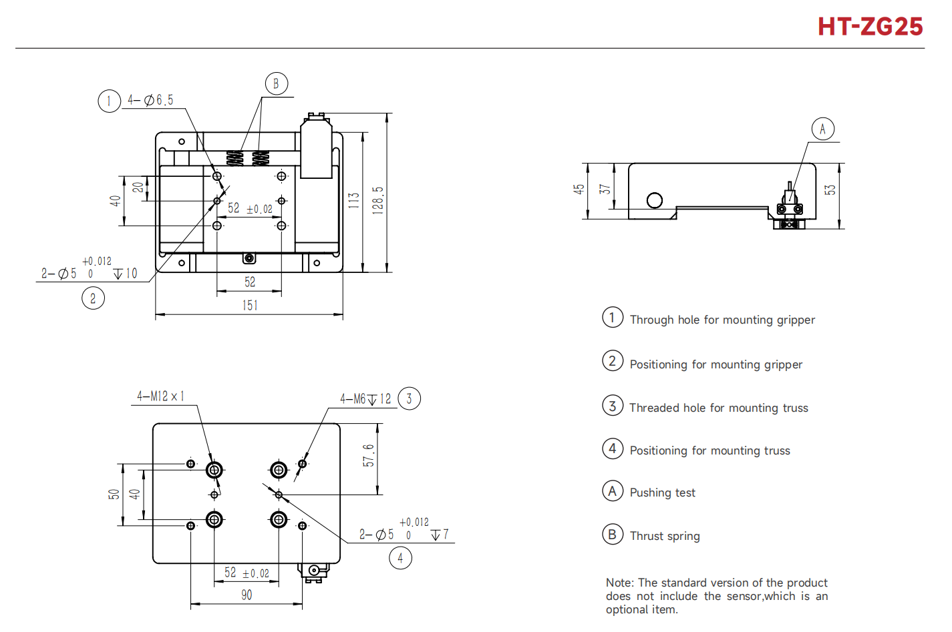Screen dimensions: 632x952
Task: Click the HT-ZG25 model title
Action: (x=870, y=27)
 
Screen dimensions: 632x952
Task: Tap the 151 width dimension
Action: (x=250, y=305)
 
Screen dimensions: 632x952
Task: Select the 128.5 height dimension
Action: (x=378, y=199)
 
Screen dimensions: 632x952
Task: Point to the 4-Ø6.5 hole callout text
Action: (x=151, y=100)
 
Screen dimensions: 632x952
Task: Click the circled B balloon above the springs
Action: (x=276, y=84)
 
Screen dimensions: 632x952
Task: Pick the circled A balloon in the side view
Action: (x=822, y=129)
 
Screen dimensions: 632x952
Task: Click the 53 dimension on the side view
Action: (x=830, y=190)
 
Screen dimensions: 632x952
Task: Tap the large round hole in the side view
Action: (x=655, y=200)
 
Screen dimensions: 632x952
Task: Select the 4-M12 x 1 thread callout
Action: (x=160, y=396)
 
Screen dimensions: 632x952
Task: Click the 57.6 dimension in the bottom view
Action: (x=369, y=455)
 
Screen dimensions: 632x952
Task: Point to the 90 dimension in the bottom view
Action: (x=247, y=595)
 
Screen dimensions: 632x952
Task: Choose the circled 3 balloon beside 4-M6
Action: (x=409, y=399)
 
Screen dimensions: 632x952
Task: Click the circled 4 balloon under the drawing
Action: (x=400, y=558)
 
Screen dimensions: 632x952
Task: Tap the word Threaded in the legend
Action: (x=653, y=408)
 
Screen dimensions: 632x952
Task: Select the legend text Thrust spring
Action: (x=665, y=536)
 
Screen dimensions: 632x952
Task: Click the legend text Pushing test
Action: (x=662, y=493)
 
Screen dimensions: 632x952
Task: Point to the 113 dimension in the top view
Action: (x=354, y=200)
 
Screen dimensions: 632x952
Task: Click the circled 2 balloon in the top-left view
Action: (x=93, y=298)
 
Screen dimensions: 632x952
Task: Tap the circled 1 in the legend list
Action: (x=612, y=318)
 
